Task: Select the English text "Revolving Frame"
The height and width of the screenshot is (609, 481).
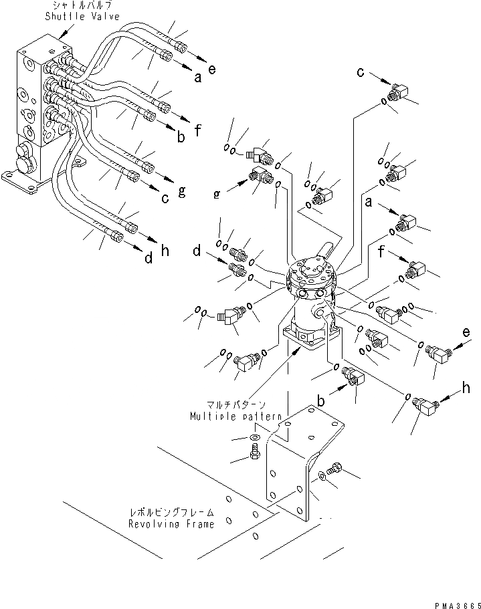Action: pos(172,524)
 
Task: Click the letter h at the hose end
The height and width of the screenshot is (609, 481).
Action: pos(165,251)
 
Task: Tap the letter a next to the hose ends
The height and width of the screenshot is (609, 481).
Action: pos(197,78)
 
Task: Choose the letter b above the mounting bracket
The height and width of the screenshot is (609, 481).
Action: pos(321,400)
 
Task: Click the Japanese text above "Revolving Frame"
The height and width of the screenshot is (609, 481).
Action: pos(172,513)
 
